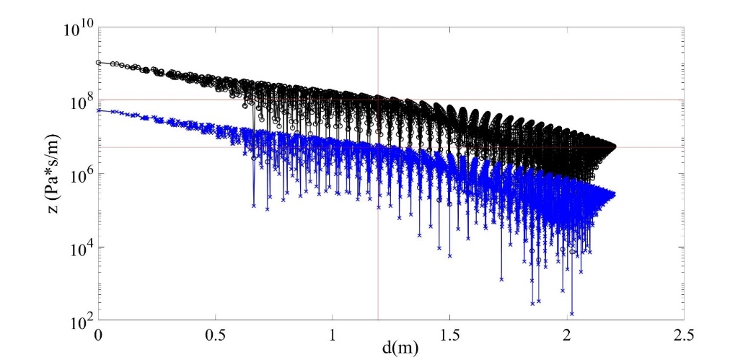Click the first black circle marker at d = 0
(99, 62)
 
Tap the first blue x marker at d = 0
(99, 110)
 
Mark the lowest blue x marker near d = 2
(572, 314)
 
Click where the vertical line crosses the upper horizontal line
(378, 100)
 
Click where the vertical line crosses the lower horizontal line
(378, 147)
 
